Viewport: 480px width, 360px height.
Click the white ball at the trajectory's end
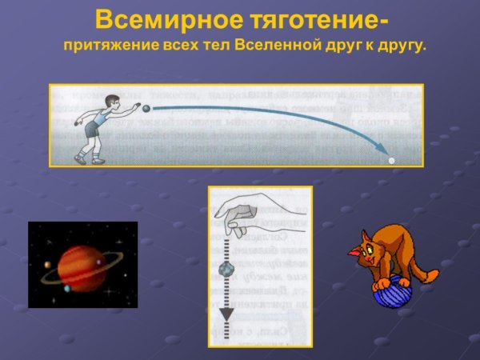391,160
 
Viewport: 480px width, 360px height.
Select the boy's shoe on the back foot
80,159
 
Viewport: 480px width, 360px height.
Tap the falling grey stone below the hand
226,269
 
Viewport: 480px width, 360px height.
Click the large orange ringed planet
82,266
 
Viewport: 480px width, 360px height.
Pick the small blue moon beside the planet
67,289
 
